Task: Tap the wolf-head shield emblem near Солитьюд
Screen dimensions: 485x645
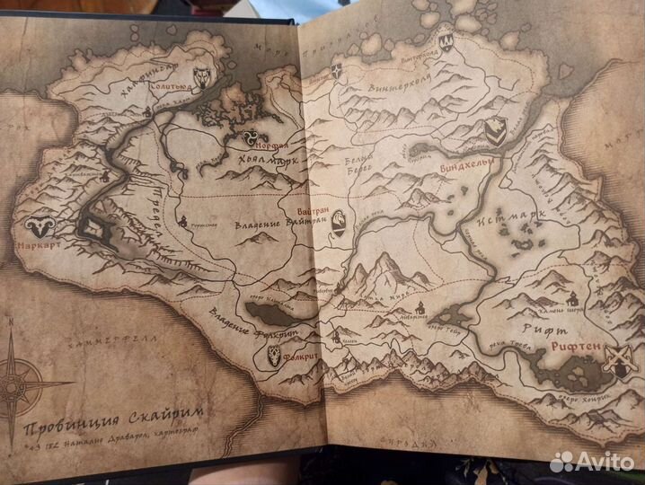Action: [x=202, y=79]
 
